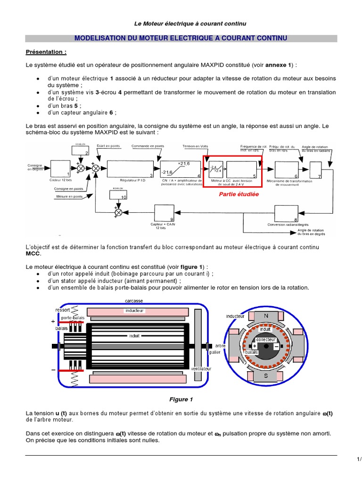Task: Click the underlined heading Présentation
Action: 46,51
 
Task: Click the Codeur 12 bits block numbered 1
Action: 59,168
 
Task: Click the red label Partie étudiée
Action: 235,193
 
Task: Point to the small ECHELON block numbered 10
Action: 118,194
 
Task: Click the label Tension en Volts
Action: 195,146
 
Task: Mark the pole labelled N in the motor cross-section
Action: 265,316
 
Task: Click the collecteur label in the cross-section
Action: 265,340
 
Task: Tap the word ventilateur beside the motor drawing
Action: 201,368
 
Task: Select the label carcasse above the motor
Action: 134,300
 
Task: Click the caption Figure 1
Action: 181,400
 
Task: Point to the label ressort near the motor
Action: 63,310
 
